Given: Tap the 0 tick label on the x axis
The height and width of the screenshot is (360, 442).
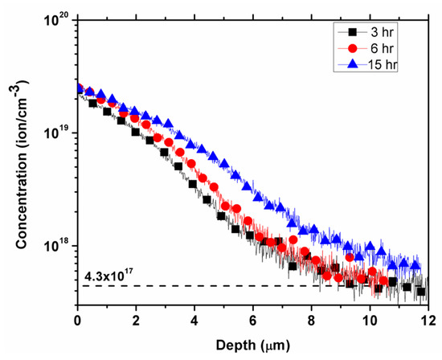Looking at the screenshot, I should coord(77,319).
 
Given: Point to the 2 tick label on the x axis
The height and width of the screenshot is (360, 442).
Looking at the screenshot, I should coord(136,319).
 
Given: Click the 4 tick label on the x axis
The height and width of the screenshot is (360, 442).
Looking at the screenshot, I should coord(194,319).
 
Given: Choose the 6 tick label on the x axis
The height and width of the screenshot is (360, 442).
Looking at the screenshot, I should coord(253,319).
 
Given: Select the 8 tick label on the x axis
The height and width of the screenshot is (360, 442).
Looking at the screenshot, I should coord(312,319).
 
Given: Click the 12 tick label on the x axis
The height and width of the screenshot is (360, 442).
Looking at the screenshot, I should coord(427,319).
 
